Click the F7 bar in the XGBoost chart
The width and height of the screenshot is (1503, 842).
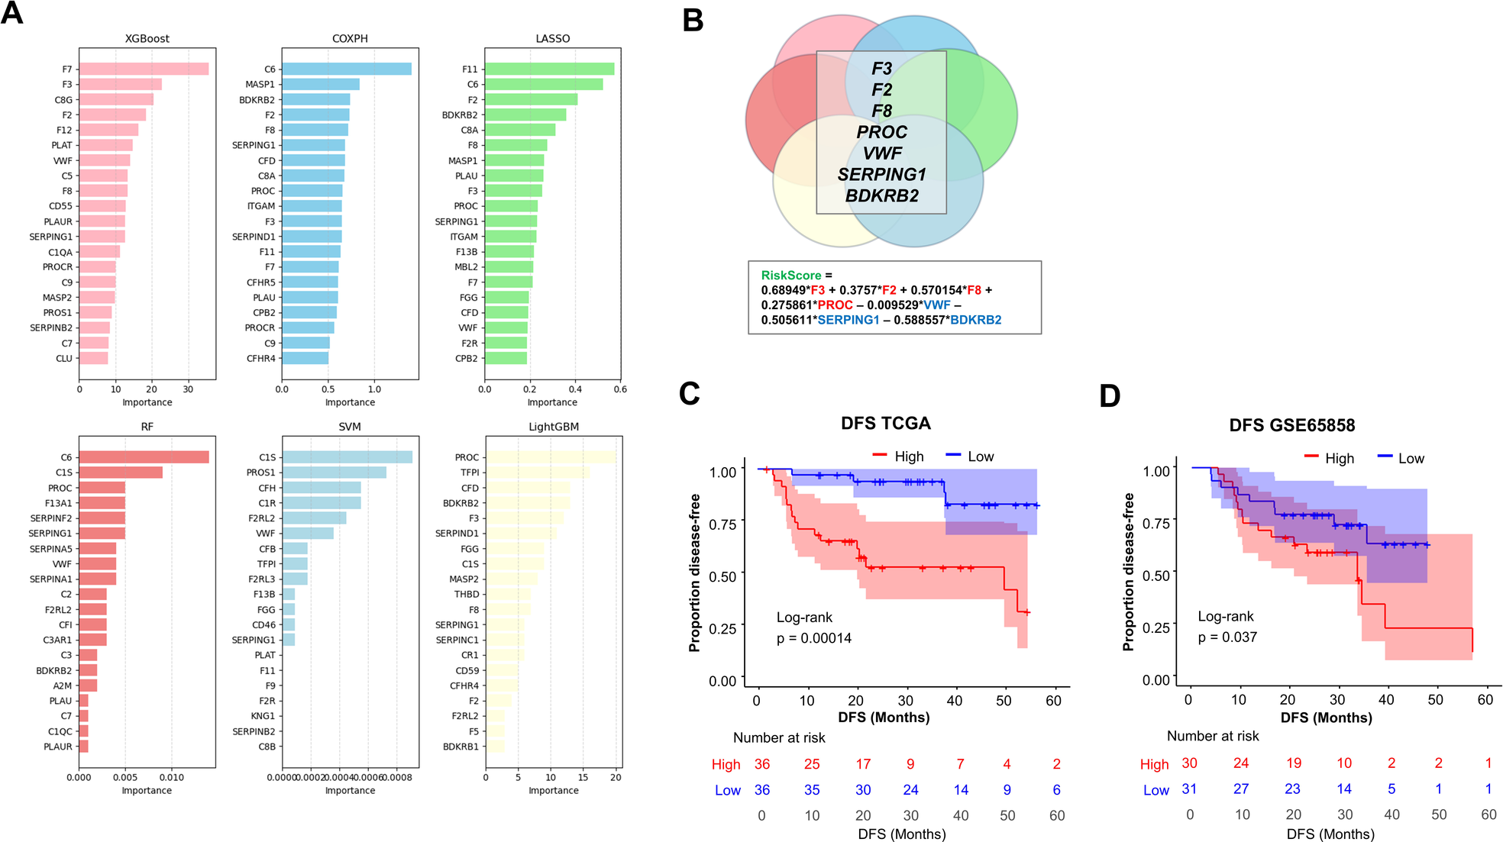(x=144, y=69)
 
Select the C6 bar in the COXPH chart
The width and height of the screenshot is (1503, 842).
(x=347, y=69)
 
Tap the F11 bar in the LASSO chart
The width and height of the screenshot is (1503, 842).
(x=549, y=69)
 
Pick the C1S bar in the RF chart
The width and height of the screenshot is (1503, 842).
(x=121, y=473)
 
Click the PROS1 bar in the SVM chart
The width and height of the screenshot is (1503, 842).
(x=335, y=473)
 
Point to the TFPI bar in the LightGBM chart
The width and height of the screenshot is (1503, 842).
(x=538, y=473)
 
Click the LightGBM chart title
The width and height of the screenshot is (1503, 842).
(x=554, y=427)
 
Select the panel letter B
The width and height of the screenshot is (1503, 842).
(x=693, y=21)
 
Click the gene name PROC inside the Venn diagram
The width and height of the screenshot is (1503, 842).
(x=881, y=132)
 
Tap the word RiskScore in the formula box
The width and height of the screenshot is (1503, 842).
(x=791, y=276)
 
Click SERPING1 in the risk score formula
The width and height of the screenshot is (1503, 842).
(x=848, y=320)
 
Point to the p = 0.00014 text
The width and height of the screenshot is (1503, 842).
(x=814, y=638)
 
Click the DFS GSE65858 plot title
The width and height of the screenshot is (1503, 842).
(x=1292, y=425)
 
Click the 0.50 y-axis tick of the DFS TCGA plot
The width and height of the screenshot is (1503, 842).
(x=722, y=576)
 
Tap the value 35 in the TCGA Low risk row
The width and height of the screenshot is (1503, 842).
(x=812, y=790)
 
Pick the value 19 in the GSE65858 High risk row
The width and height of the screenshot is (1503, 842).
(x=1294, y=763)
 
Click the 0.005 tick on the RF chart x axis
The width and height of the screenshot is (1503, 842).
(x=125, y=778)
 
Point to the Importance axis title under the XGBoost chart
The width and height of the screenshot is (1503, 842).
(x=147, y=402)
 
